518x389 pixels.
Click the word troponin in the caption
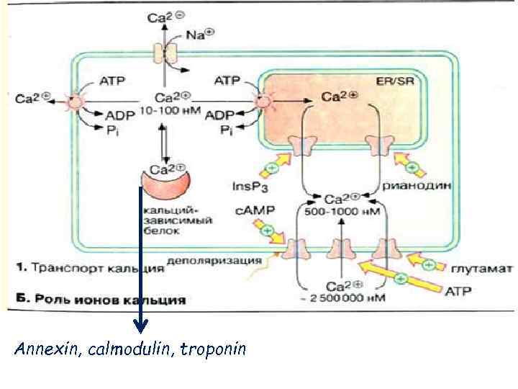[213, 350]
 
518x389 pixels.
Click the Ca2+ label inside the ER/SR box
[335, 96]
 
